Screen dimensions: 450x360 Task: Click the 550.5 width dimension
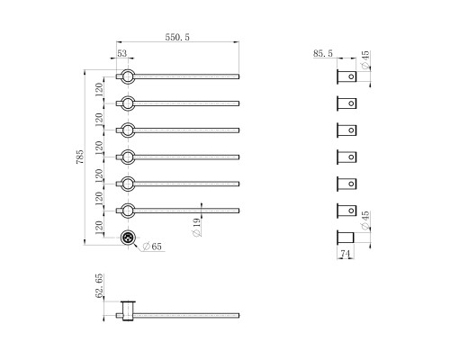(177, 37)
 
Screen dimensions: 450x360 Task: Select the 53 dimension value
(122, 53)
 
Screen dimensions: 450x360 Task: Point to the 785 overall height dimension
(80, 157)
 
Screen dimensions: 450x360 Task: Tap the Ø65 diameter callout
(152, 247)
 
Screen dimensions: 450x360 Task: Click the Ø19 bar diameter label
(196, 227)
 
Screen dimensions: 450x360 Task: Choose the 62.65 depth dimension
(99, 285)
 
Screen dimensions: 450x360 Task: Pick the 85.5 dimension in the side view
(323, 53)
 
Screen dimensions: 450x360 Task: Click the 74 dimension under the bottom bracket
(346, 254)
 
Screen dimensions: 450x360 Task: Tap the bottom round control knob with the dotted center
(128, 238)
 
